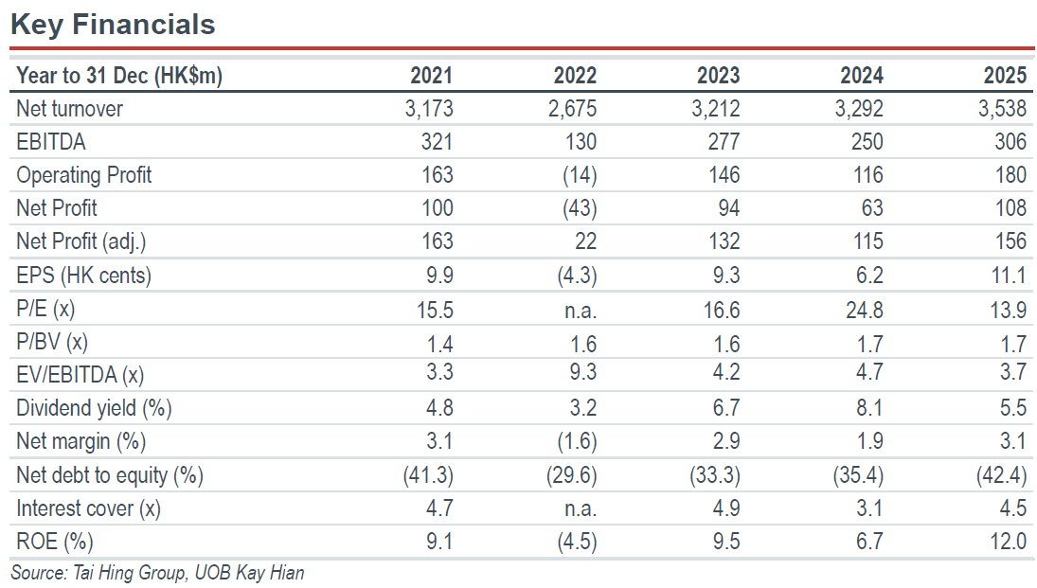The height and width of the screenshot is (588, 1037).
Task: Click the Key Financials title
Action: click(113, 25)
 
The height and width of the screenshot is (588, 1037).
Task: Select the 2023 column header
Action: click(718, 76)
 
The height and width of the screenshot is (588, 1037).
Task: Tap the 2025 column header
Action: click(1005, 76)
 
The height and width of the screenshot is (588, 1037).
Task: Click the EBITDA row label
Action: click(51, 141)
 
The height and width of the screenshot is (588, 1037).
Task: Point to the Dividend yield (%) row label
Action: click(94, 408)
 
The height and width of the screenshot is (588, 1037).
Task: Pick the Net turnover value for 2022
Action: click(572, 109)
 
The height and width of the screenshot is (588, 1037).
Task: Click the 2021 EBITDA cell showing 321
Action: click(438, 141)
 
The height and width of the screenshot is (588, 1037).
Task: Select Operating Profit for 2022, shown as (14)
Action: click(580, 175)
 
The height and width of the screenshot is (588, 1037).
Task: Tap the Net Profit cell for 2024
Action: click(872, 208)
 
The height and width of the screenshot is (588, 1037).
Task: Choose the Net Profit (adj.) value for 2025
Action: click(1011, 241)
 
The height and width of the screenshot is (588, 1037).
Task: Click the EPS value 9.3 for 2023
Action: click(726, 276)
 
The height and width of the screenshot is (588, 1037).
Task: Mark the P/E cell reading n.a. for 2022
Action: click(581, 311)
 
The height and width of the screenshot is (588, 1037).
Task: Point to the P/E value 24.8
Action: click(865, 311)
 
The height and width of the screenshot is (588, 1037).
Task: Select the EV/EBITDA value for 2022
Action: click(583, 372)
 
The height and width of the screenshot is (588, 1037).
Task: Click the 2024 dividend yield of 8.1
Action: click(869, 408)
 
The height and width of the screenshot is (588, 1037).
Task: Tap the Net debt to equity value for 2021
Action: click(429, 475)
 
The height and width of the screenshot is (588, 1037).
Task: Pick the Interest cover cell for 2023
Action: click(726, 508)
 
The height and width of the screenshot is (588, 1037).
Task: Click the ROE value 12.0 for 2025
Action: click(1009, 542)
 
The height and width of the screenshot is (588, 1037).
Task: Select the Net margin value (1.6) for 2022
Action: click(578, 442)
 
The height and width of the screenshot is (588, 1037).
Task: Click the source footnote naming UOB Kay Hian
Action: click(157, 573)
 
